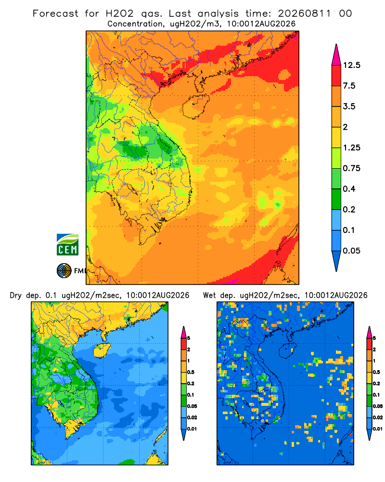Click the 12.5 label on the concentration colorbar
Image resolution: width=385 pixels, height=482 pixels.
point(351,65)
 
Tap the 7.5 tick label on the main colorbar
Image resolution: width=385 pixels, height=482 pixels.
point(349,86)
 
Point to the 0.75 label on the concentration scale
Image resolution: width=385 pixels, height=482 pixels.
point(351,168)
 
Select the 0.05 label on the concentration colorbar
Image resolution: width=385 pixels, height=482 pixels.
point(351,251)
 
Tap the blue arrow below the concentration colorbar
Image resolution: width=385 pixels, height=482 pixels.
point(336,261)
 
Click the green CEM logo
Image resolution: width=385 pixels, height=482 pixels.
point(67,245)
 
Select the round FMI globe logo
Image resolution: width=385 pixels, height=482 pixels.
point(64,271)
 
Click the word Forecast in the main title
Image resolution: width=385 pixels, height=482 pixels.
point(55,13)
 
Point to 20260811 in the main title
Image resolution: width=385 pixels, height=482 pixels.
point(305,13)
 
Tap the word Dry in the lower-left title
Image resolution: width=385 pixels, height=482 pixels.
point(16,295)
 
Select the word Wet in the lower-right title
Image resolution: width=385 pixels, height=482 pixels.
point(210,295)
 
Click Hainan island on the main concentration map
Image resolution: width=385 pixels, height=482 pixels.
point(195,107)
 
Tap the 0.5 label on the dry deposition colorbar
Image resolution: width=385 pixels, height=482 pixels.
point(191,372)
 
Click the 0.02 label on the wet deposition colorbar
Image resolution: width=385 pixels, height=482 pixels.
point(378,417)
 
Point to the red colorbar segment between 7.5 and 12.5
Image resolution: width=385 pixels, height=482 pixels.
point(336,76)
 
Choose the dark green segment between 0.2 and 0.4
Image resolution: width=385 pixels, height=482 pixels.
point(336,199)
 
